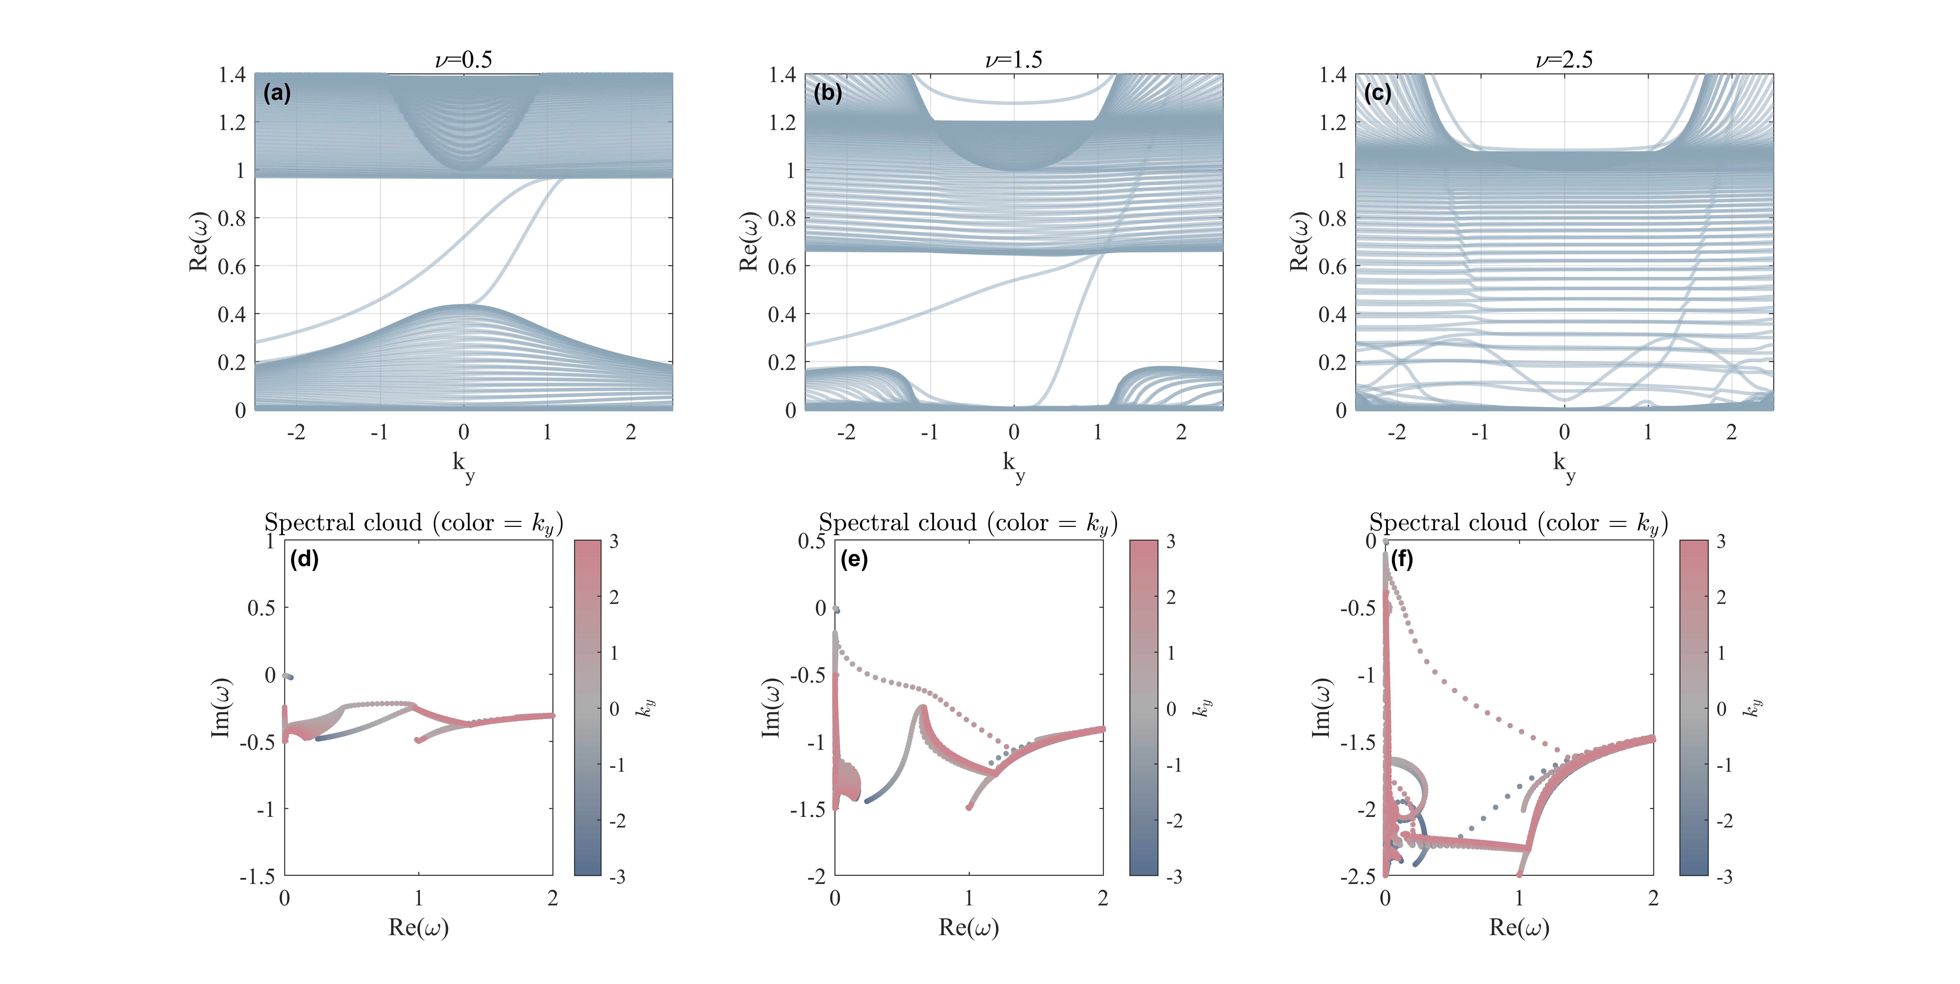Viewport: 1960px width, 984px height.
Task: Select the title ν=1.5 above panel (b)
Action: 1013,59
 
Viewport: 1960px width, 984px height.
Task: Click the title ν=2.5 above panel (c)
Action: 1564,59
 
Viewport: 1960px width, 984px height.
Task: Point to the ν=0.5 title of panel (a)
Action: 463,59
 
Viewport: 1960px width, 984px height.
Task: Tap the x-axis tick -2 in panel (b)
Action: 846,432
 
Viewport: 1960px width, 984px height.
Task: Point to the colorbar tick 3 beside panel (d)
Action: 614,542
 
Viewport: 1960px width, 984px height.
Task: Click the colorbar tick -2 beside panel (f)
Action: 1724,821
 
